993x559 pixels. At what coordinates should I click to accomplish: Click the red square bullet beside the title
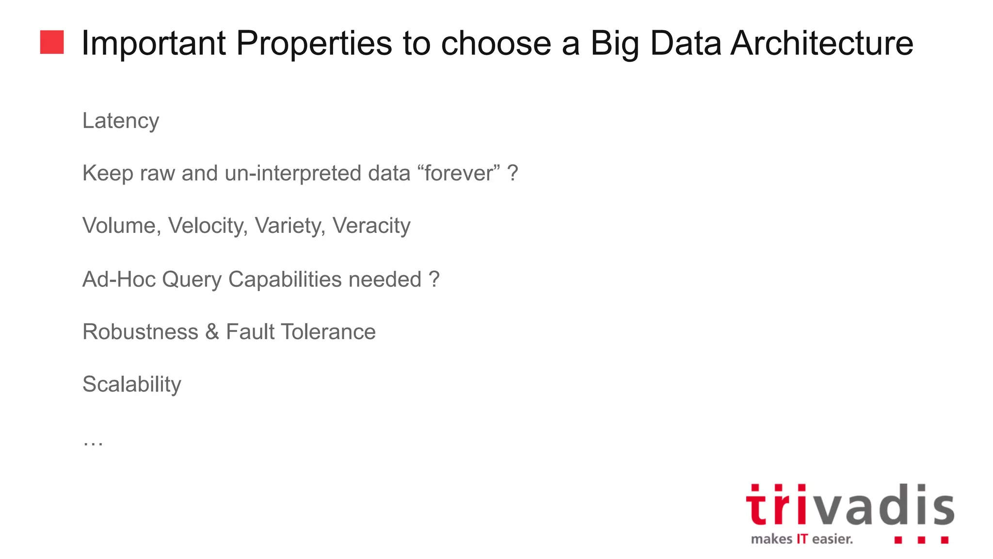point(52,42)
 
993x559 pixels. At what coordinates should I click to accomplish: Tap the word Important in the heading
point(154,44)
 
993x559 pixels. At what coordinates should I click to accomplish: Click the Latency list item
point(121,121)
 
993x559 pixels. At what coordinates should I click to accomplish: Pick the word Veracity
point(371,226)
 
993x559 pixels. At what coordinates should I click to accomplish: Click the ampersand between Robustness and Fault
point(212,332)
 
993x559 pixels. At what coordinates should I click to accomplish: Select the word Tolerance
point(328,332)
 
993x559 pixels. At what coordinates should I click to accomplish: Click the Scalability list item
point(132,384)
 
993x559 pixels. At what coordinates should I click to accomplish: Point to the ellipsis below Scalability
point(93,442)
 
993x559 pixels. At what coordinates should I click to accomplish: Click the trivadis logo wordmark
point(849,506)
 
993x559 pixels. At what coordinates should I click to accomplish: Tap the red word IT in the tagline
point(802,539)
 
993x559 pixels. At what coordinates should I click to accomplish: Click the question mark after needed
point(434,279)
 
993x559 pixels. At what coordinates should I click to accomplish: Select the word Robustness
point(140,332)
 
